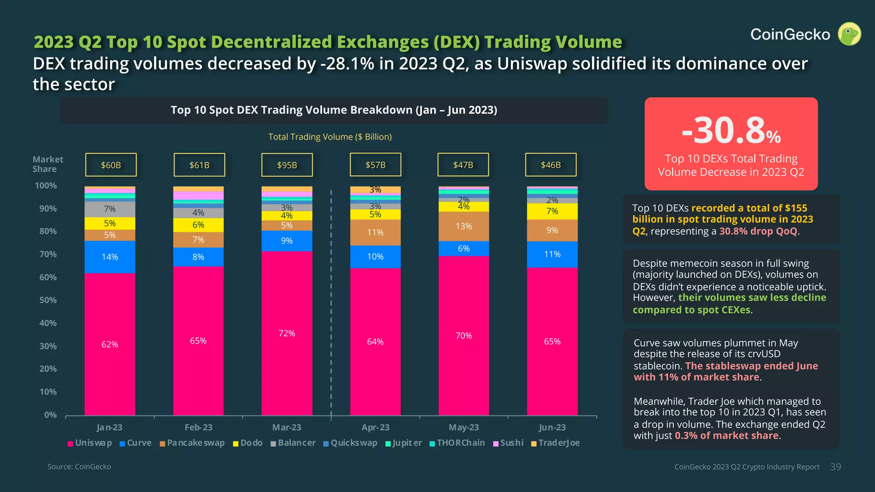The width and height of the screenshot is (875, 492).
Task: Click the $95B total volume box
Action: click(x=287, y=165)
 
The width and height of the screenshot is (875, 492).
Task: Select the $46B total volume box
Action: click(x=550, y=165)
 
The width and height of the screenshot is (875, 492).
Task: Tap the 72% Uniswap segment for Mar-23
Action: click(x=287, y=333)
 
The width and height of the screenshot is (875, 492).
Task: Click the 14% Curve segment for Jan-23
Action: click(x=110, y=257)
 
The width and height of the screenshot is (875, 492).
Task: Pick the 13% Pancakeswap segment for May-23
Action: click(x=464, y=226)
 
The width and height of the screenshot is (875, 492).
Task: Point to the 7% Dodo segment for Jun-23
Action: click(x=552, y=211)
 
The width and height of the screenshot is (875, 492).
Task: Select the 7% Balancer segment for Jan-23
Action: click(x=110, y=209)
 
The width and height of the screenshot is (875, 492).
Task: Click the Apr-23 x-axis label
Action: click(x=375, y=428)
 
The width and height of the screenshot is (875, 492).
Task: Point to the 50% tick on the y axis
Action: click(x=48, y=300)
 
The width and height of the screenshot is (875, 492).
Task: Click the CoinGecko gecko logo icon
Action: click(x=849, y=34)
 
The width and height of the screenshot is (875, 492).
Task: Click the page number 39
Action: click(x=835, y=467)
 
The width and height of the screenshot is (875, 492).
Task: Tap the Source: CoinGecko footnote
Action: click(x=79, y=467)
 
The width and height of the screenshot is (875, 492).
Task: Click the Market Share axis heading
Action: click(x=47, y=164)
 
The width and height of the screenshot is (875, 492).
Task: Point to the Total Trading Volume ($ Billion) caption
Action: click(x=330, y=137)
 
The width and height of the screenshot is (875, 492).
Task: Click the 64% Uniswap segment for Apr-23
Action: click(x=375, y=342)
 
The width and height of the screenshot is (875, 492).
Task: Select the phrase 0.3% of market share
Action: click(x=726, y=436)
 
